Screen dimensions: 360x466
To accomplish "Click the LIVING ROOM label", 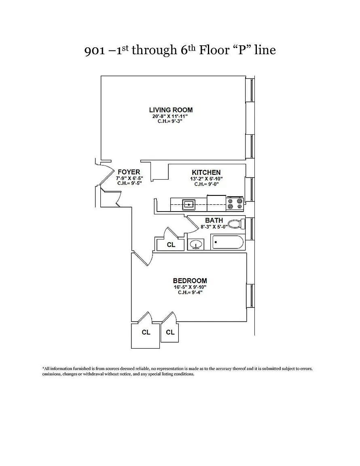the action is point(171,110).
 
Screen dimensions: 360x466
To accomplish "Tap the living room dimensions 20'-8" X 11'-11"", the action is point(171,116).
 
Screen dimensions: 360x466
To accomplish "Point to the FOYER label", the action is point(129,172).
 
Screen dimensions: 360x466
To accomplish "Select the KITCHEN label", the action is point(206,173).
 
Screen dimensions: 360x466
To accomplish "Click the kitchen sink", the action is point(189,205).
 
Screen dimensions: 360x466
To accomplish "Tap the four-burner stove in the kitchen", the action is point(235,203).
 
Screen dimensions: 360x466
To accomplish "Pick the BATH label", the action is point(214,220).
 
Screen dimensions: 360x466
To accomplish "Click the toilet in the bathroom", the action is point(235,224).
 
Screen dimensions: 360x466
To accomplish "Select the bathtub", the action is point(227,243).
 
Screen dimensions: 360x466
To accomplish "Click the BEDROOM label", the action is point(190,281).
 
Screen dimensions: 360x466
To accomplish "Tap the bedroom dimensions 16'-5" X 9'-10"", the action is point(190,287).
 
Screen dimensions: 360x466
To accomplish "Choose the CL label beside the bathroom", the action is point(171,245).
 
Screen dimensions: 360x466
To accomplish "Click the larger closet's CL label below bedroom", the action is point(146,332).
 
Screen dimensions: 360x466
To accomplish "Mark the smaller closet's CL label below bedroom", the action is point(170,332).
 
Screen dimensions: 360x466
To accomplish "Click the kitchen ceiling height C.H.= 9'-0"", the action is point(206,184).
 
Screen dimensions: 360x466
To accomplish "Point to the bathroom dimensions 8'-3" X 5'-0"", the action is point(214,227).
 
